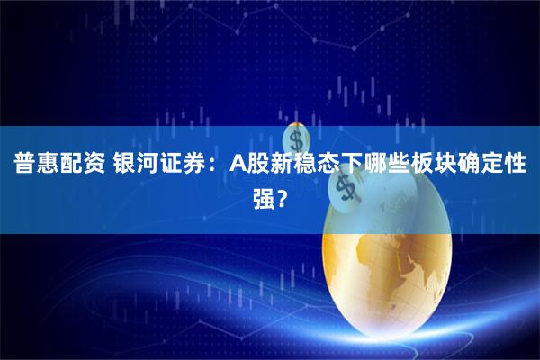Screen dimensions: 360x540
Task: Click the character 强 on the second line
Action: (x=263, y=197)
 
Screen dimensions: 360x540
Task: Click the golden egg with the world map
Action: (x=396, y=270)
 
